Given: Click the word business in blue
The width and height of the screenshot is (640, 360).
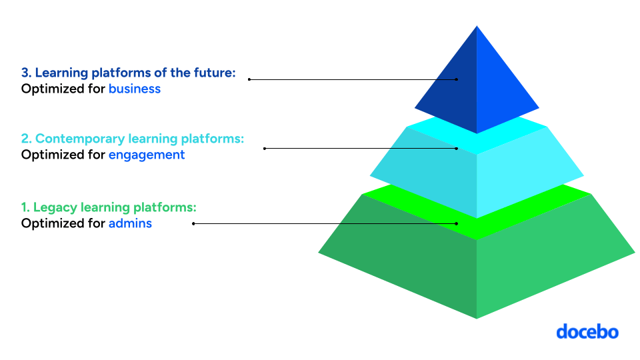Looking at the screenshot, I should [135, 89].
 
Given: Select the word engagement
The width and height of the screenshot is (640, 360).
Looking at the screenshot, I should [147, 155].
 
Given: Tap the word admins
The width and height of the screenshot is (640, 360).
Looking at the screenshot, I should [130, 223].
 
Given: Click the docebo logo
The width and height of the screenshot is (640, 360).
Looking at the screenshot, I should [587, 331].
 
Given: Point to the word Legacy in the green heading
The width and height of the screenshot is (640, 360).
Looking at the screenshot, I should [53, 207].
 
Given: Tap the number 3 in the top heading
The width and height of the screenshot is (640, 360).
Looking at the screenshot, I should [25, 73].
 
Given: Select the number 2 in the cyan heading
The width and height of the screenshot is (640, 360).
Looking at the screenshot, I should [25, 139].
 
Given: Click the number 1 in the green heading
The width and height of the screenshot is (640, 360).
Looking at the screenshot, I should [25, 207].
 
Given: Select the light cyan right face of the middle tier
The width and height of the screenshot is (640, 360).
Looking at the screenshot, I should [527, 173].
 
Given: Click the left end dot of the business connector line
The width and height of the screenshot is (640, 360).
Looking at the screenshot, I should [249, 79].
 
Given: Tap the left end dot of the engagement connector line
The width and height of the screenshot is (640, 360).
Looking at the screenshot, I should [265, 148].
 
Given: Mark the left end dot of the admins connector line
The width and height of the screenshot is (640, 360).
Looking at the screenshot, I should [193, 223].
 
